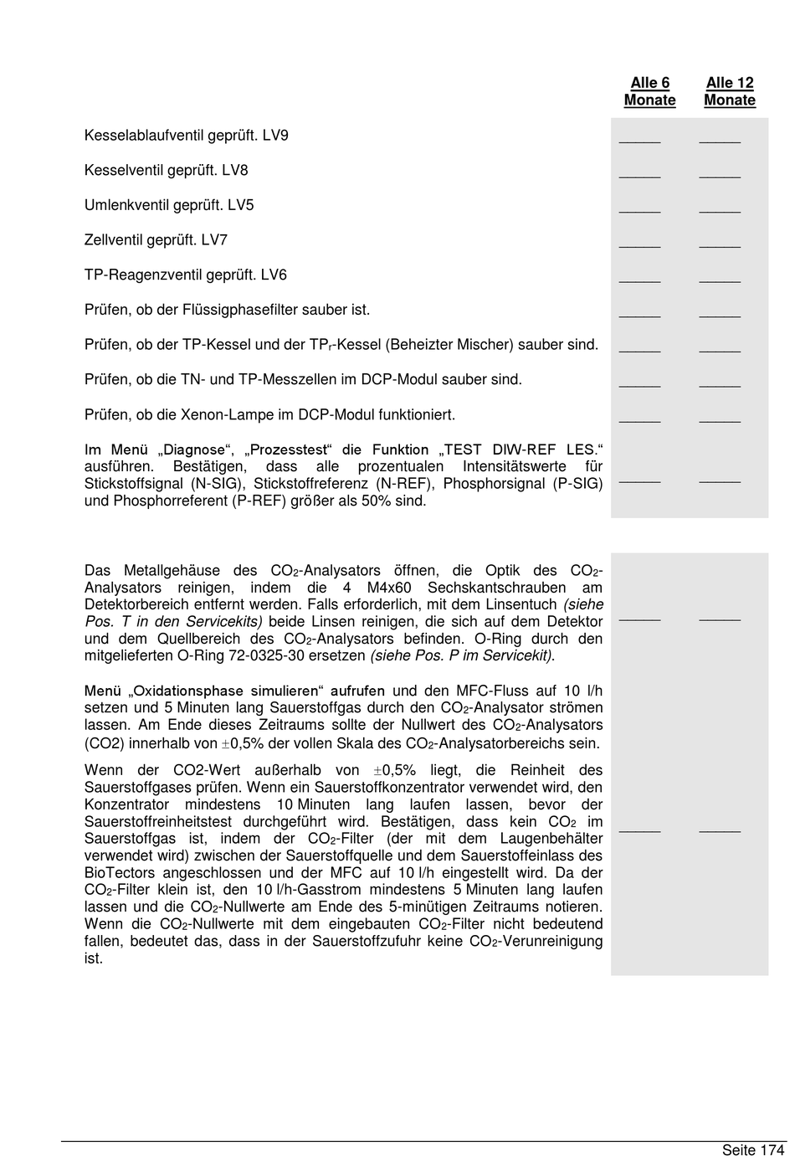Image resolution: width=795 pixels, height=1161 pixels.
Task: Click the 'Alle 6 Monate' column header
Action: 649,91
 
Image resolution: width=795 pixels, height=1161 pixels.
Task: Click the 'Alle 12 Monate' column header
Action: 730,91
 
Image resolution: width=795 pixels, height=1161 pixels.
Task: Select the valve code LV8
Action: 235,171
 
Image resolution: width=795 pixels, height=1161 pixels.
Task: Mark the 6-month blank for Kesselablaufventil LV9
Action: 639,140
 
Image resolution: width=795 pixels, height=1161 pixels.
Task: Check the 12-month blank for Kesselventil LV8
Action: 720,175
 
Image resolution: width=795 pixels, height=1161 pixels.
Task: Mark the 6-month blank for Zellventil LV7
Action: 639,244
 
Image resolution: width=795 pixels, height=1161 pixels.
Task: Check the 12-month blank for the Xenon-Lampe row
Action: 720,419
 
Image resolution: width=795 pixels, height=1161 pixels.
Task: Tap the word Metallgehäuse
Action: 172,571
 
